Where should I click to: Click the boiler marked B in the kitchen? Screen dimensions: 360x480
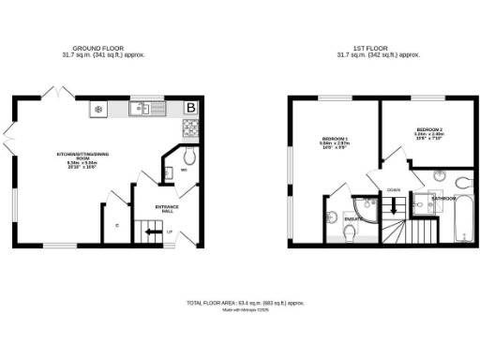point(191,108)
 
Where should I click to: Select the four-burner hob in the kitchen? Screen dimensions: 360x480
point(98,109)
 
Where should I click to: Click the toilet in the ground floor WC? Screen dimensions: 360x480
point(189,156)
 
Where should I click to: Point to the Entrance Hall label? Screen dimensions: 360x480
point(168,209)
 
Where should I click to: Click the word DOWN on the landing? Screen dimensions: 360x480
point(394,189)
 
